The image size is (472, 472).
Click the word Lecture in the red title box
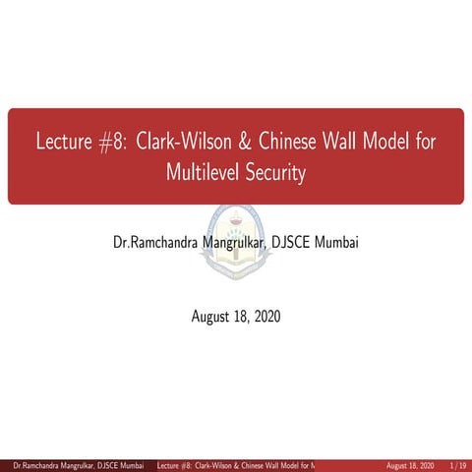[x=64, y=142]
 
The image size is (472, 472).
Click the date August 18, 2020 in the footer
[x=411, y=464]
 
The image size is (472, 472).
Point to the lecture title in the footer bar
[x=236, y=464]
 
